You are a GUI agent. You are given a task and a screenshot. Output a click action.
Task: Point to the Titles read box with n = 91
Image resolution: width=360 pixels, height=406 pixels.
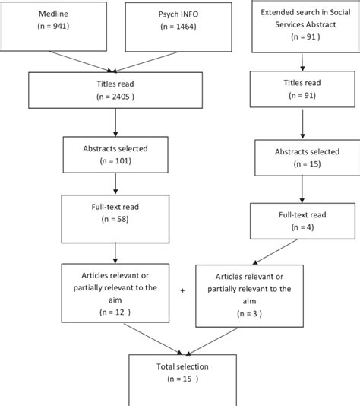coord(303,89)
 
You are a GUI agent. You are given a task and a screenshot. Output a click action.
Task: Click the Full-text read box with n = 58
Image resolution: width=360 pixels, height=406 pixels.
coord(114,213)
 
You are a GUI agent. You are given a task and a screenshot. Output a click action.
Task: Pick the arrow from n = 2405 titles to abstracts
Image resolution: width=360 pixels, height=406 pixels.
coord(114,120)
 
